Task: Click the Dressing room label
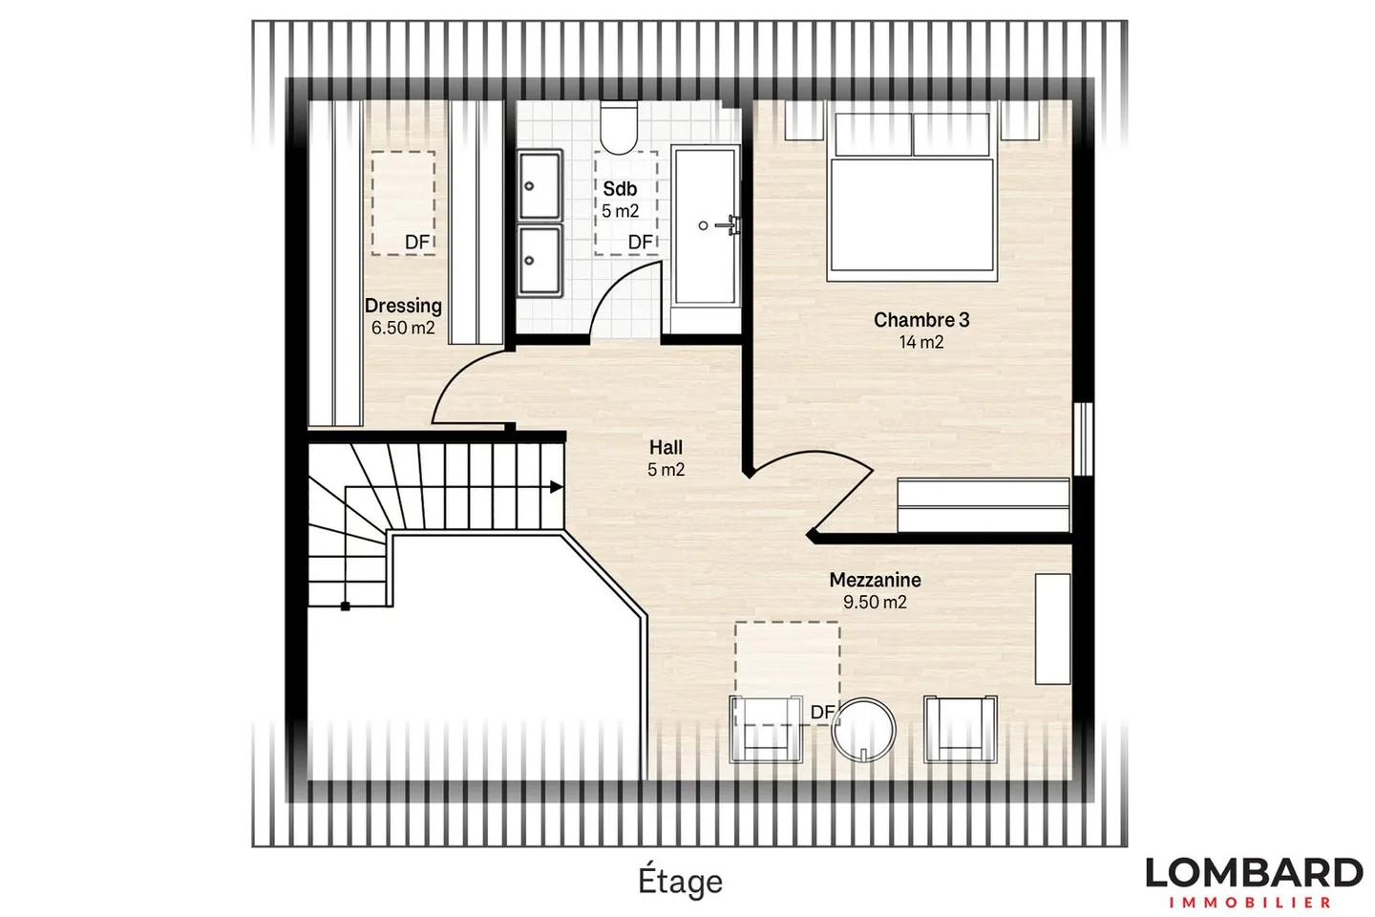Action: pos(403,306)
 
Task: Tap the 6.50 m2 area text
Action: pos(403,328)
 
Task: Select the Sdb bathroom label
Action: pos(620,189)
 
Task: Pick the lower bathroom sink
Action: pos(539,260)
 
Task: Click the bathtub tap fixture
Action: pos(731,225)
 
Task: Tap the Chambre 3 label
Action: pos(921,320)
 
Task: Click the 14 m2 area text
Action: pos(921,342)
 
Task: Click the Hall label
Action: pos(666,447)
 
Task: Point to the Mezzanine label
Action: pos(875,580)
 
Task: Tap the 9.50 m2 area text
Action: pos(875,602)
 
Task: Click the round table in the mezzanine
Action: pos(864,729)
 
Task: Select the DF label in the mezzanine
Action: pos(822,712)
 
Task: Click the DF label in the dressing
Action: pos(417,243)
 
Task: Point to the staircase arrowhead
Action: pos(556,487)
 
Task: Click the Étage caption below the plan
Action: pos(680,881)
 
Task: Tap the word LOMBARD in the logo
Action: pos(1254,873)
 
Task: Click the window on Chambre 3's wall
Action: pos(1082,438)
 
